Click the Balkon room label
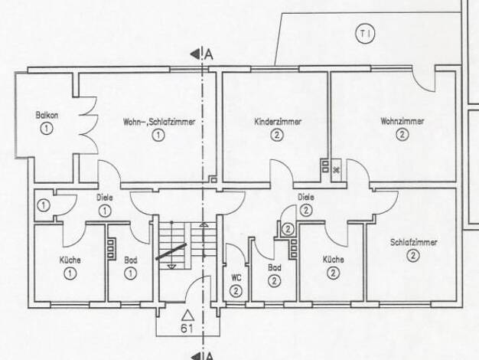[47, 116]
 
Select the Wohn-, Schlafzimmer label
[159, 122]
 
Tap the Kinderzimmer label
[278, 122]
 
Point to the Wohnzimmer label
[402, 121]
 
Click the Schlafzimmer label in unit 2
[414, 243]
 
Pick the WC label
[236, 278]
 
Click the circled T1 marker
[365, 34]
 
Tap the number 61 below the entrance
[187, 329]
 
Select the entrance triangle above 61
[187, 316]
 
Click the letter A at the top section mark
[209, 54]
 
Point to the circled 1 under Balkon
[47, 128]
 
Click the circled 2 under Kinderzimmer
[277, 135]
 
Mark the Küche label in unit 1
[70, 260]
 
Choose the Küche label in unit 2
[334, 260]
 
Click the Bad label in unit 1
[131, 260]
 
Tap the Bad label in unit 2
[275, 267]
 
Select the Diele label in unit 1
[105, 198]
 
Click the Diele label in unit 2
[306, 198]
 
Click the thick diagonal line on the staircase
[171, 251]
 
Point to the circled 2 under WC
[236, 291]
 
